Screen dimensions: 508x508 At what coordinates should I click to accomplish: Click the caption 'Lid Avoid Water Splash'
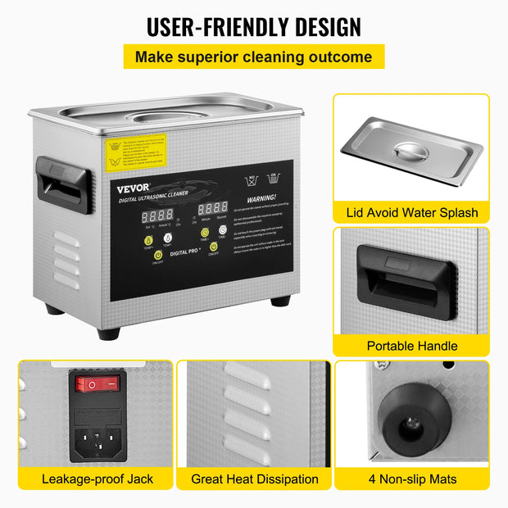[410, 212]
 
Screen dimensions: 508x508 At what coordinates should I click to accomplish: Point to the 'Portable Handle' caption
[411, 346]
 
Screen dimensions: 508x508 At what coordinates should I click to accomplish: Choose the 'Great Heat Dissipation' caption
[255, 479]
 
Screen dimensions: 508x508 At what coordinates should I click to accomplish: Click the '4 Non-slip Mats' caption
[411, 479]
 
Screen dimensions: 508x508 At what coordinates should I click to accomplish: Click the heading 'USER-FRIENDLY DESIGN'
[253, 26]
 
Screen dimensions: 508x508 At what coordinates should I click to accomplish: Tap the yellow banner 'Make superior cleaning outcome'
[253, 57]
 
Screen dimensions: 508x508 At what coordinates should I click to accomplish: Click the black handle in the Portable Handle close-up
[406, 283]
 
